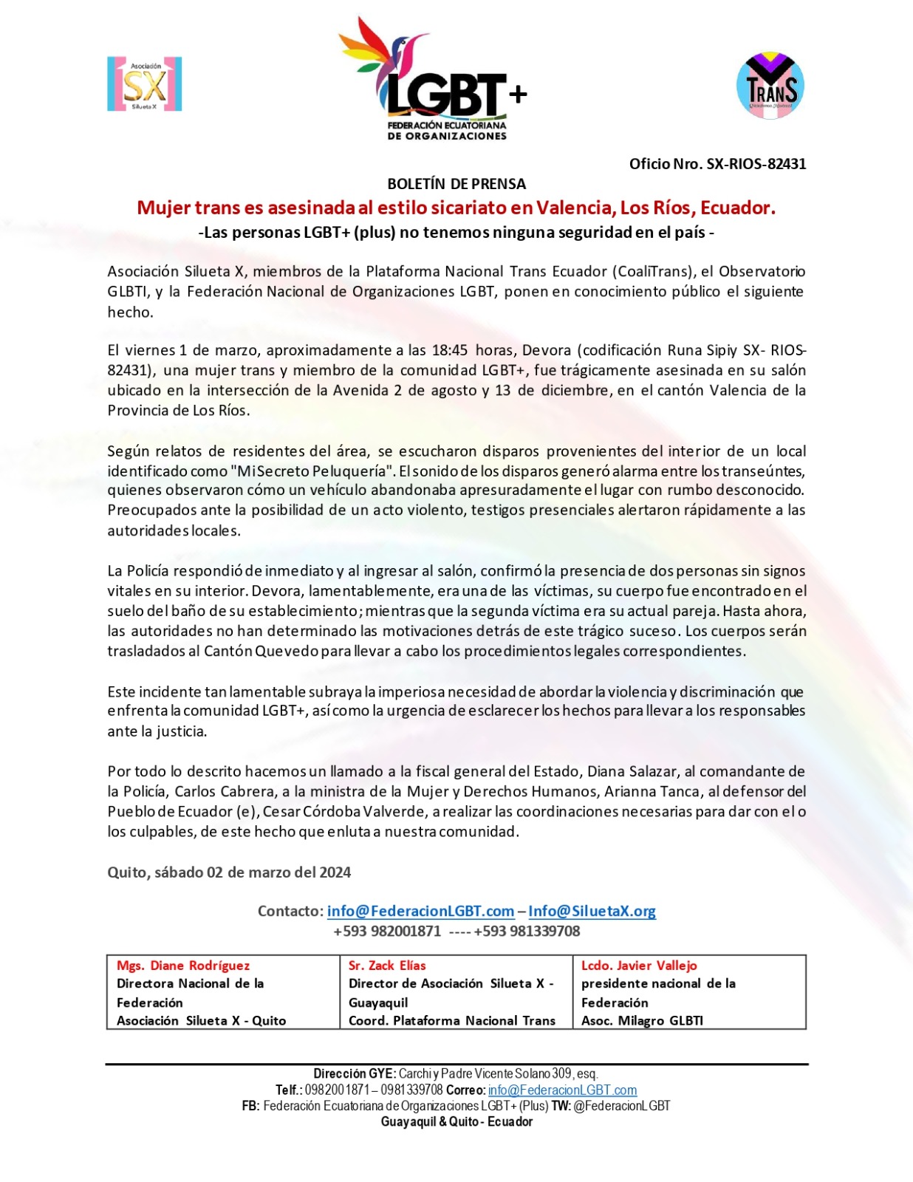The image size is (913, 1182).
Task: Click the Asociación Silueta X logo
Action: click(x=144, y=84)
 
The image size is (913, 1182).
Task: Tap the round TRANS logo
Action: click(x=770, y=86)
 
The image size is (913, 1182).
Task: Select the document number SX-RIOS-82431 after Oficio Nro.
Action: click(x=756, y=164)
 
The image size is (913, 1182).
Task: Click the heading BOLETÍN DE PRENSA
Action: click(x=456, y=184)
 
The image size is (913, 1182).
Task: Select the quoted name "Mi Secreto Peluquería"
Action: click(x=312, y=471)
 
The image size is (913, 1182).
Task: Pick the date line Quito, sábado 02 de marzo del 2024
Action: click(x=229, y=872)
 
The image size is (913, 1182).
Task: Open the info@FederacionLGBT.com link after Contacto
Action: click(x=420, y=911)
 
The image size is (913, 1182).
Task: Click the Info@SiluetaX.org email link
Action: click(x=592, y=911)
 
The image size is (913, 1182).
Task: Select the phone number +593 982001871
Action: click(x=387, y=931)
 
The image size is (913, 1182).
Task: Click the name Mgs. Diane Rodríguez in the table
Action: click(x=183, y=966)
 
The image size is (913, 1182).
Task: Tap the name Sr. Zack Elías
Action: click(x=387, y=966)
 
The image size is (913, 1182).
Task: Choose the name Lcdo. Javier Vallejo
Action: click(x=639, y=966)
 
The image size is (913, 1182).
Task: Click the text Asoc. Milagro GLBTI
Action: click(x=642, y=1020)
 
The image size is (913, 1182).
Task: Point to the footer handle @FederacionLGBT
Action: click(x=620, y=1106)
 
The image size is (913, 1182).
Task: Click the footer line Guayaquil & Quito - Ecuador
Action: click(x=456, y=1121)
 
